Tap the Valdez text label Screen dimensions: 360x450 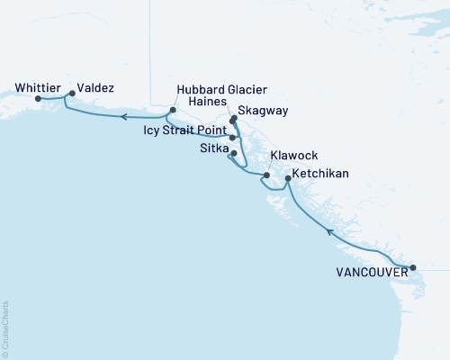tap(95, 89)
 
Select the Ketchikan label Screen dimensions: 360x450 tap(321, 173)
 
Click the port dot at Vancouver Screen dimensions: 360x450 tap(413, 267)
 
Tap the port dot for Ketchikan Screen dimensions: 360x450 tap(287, 179)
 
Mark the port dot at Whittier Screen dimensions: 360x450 tap(38, 99)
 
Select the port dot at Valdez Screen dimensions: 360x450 tap(72, 93)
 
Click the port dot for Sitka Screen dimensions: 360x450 tap(234, 154)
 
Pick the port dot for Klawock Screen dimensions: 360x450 tap(266, 175)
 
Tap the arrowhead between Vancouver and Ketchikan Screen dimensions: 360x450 tap(329, 232)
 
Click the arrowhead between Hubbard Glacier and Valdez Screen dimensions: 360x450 tap(124, 117)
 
